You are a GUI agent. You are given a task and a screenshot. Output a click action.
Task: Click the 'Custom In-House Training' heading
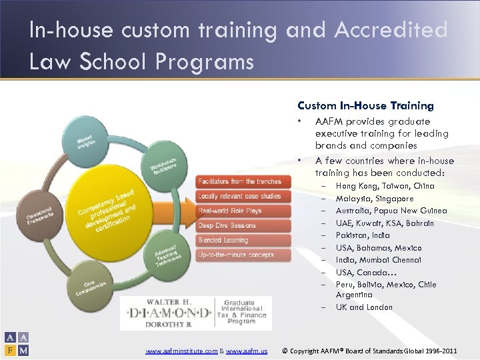tap(365, 106)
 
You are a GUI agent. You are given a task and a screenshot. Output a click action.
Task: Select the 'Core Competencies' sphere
tap(90, 287)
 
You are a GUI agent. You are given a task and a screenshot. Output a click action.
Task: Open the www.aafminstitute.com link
tap(181, 351)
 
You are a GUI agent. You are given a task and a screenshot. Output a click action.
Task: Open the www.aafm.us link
tap(247, 351)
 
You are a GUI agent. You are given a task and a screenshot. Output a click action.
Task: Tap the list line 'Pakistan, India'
tap(363, 235)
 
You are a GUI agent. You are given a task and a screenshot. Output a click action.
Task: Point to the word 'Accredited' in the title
tap(391, 31)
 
